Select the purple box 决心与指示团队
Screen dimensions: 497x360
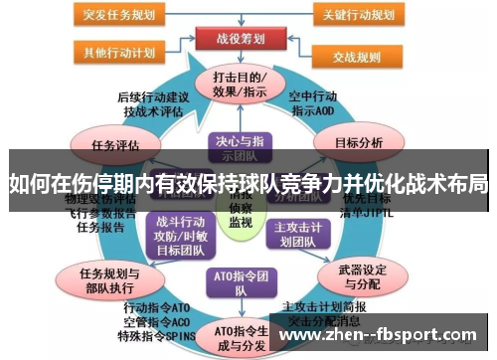[241, 148]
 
